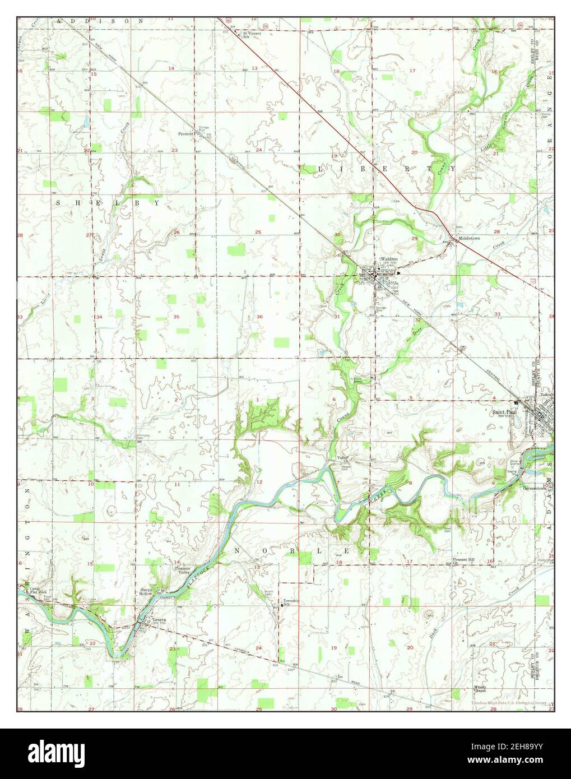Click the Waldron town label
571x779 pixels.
click(x=388, y=259)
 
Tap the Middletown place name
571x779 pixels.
click(x=469, y=238)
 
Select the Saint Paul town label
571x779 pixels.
click(x=502, y=415)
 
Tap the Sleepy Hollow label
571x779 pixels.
click(x=147, y=592)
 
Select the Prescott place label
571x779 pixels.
click(x=186, y=134)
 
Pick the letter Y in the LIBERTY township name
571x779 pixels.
click(x=449, y=168)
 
